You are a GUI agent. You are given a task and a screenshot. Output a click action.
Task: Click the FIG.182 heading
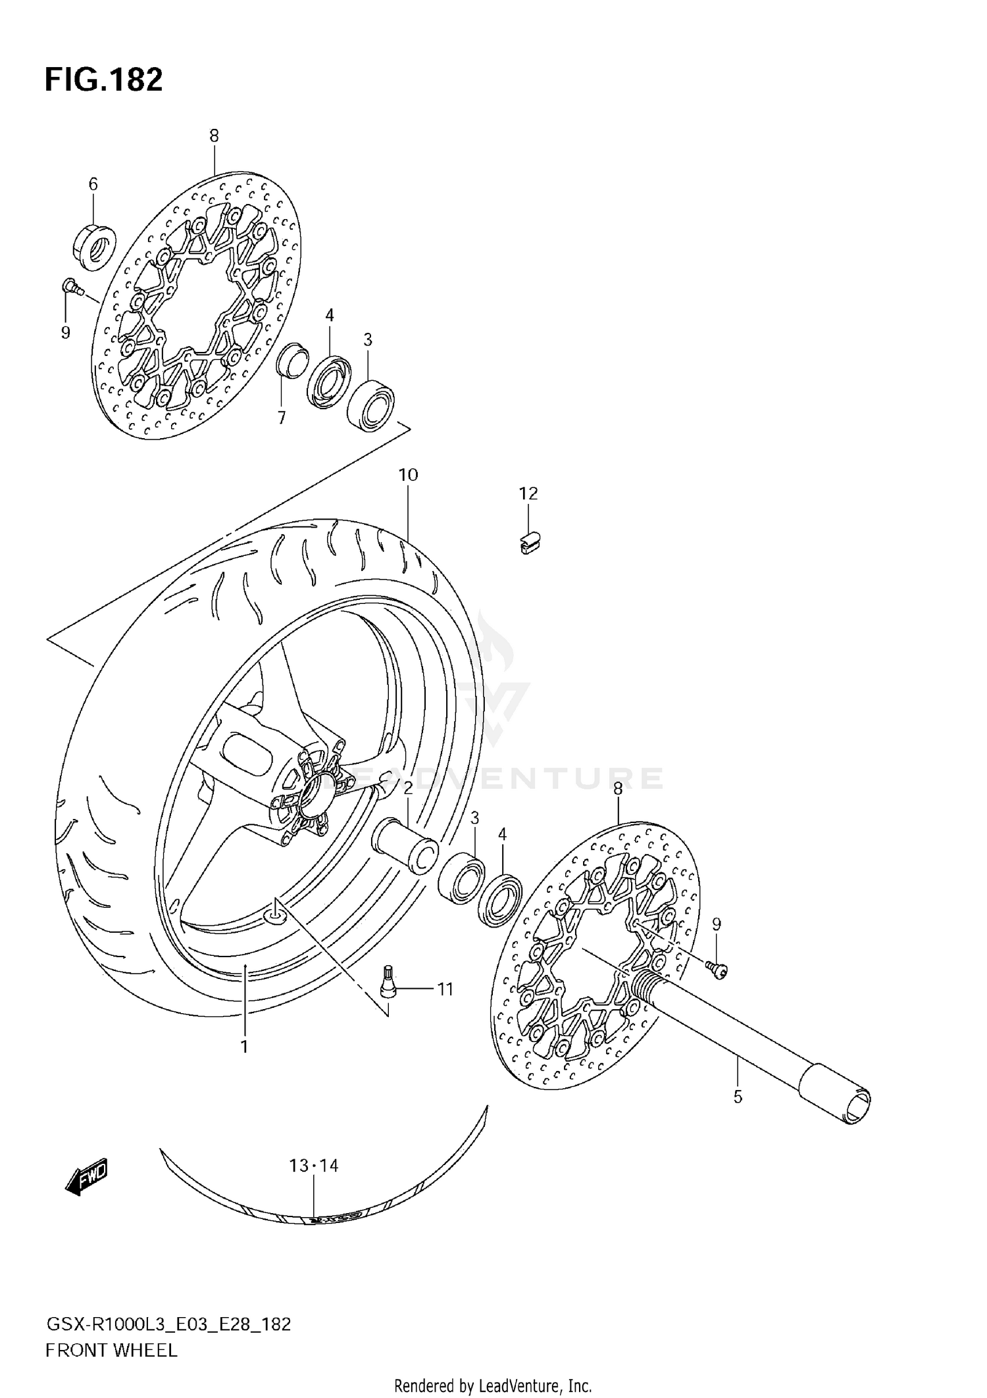[x=103, y=80]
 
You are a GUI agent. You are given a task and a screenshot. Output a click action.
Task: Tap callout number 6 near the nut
[x=93, y=184]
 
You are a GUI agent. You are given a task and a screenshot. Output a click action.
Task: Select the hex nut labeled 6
[x=93, y=246]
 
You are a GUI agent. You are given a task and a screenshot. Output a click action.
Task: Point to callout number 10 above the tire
[x=408, y=474]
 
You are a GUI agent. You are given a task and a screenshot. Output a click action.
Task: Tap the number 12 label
[x=528, y=493]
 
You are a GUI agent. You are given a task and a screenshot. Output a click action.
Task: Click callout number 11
[x=445, y=989]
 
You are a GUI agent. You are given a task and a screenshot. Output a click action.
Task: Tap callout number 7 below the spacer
[x=282, y=418]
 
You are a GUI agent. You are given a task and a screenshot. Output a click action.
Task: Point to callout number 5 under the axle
[x=738, y=1097]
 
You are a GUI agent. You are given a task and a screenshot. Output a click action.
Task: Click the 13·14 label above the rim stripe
[x=314, y=1166]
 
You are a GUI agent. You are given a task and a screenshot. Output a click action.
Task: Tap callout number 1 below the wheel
[x=244, y=1046]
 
